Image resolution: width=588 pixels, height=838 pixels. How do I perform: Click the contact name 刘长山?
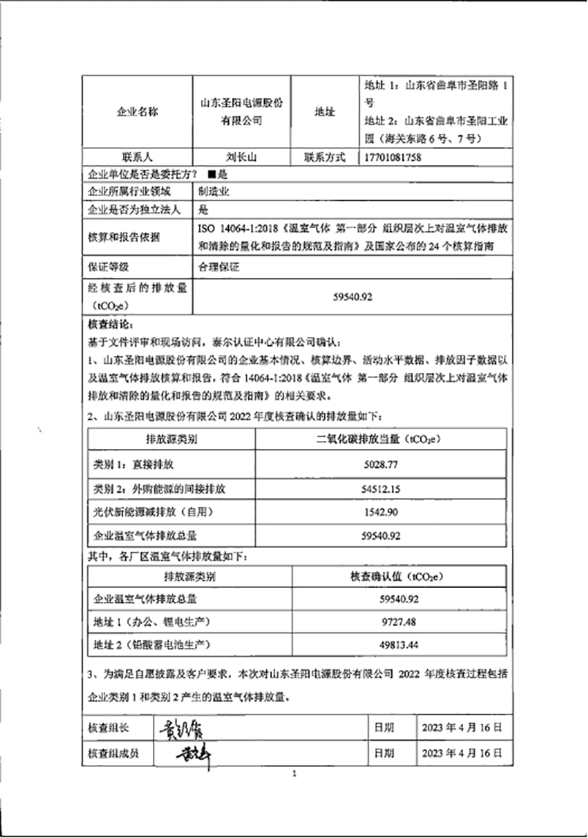241,157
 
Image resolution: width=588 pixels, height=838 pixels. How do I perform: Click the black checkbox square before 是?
212,175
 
